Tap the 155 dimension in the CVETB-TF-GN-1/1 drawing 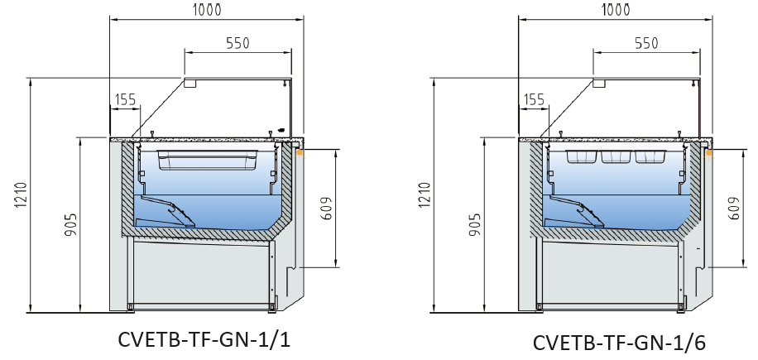[126, 99]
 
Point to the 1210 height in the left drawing [19, 196]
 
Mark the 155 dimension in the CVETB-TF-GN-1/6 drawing [535, 99]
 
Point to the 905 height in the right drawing [479, 226]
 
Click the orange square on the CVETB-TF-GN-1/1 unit [301, 152]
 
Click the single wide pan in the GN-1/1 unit [205, 159]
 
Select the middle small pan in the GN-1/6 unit [616, 157]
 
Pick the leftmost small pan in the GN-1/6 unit [581, 157]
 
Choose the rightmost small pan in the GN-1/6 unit [650, 157]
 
